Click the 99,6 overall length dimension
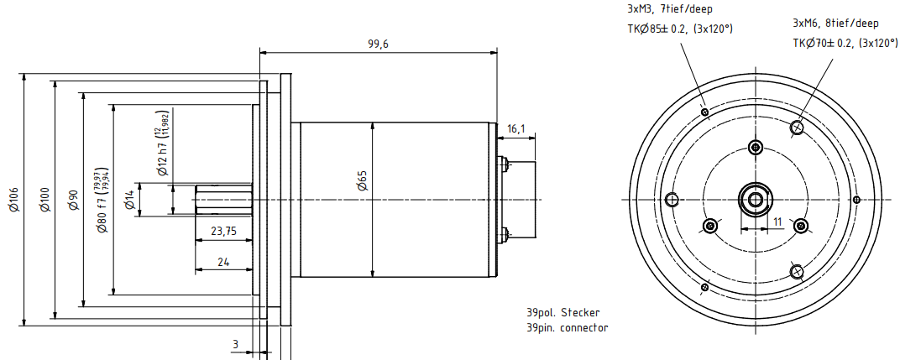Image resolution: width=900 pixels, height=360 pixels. [x=378, y=44]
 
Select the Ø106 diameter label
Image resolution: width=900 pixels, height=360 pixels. [x=13, y=199]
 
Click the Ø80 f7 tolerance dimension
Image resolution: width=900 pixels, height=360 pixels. [x=102, y=200]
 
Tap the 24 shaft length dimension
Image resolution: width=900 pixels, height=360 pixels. [x=223, y=262]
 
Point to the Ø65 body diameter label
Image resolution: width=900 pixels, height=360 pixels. [x=363, y=181]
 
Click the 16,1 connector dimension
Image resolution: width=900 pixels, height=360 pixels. [x=516, y=128]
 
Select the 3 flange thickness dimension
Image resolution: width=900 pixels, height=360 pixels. [x=236, y=344]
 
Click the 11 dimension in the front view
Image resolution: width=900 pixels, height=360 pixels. [x=777, y=222]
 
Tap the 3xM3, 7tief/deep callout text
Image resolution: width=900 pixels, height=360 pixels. [x=669, y=9]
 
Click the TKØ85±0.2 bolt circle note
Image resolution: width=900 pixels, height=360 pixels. [x=680, y=29]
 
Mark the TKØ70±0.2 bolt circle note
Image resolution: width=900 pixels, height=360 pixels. [x=845, y=43]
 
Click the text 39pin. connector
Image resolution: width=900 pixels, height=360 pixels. [x=568, y=327]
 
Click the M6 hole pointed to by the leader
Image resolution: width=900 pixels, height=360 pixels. [x=797, y=128]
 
